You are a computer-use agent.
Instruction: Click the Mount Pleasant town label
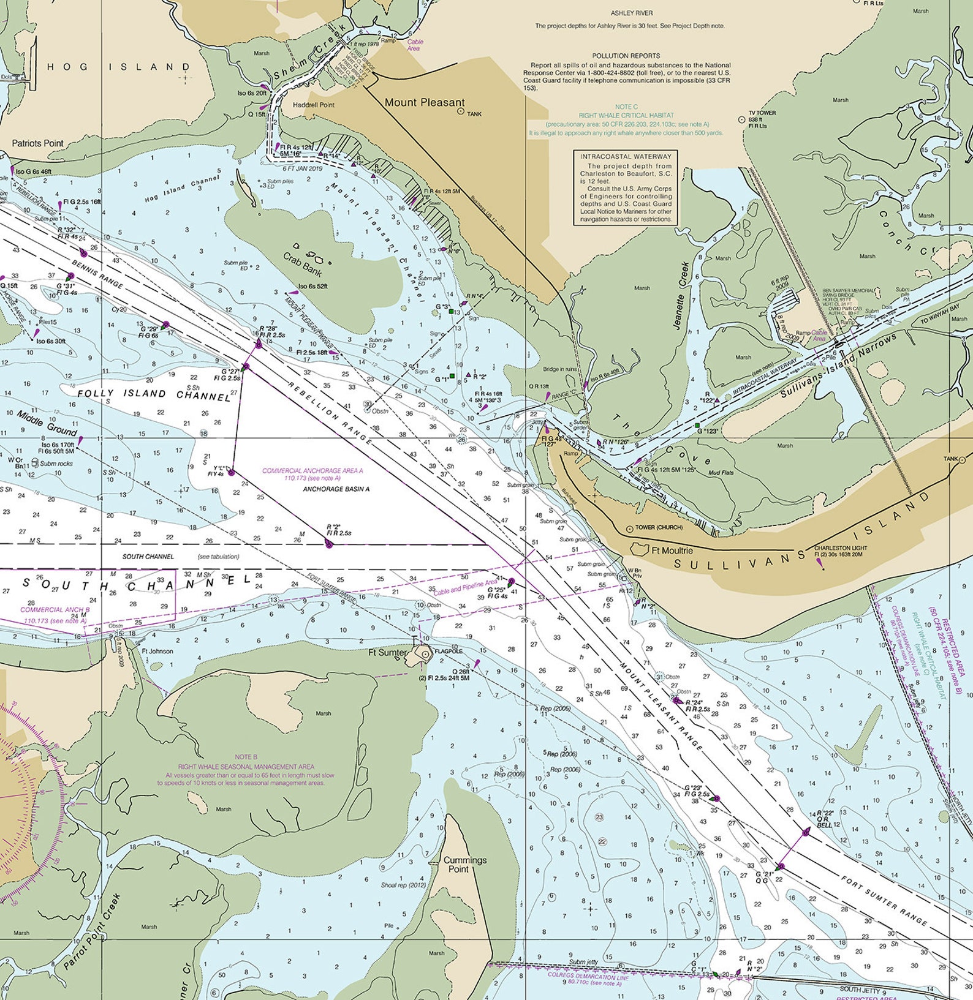[424, 103]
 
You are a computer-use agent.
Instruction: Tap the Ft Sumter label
[387, 653]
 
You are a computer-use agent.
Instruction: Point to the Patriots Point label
[37, 143]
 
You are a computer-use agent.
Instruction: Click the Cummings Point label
[464, 864]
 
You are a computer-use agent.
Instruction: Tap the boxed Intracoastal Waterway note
[626, 188]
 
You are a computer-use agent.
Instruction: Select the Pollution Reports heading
[626, 56]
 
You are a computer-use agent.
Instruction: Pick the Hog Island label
[119, 67]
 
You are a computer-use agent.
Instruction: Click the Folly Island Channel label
[154, 395]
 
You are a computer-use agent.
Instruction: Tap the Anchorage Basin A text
[336, 489]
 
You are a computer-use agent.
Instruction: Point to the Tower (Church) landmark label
[659, 527]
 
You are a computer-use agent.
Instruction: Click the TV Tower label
[762, 113]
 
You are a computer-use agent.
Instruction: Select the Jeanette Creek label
[681, 296]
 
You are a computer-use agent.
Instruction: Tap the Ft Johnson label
[157, 651]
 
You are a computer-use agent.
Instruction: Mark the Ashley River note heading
[632, 13]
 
